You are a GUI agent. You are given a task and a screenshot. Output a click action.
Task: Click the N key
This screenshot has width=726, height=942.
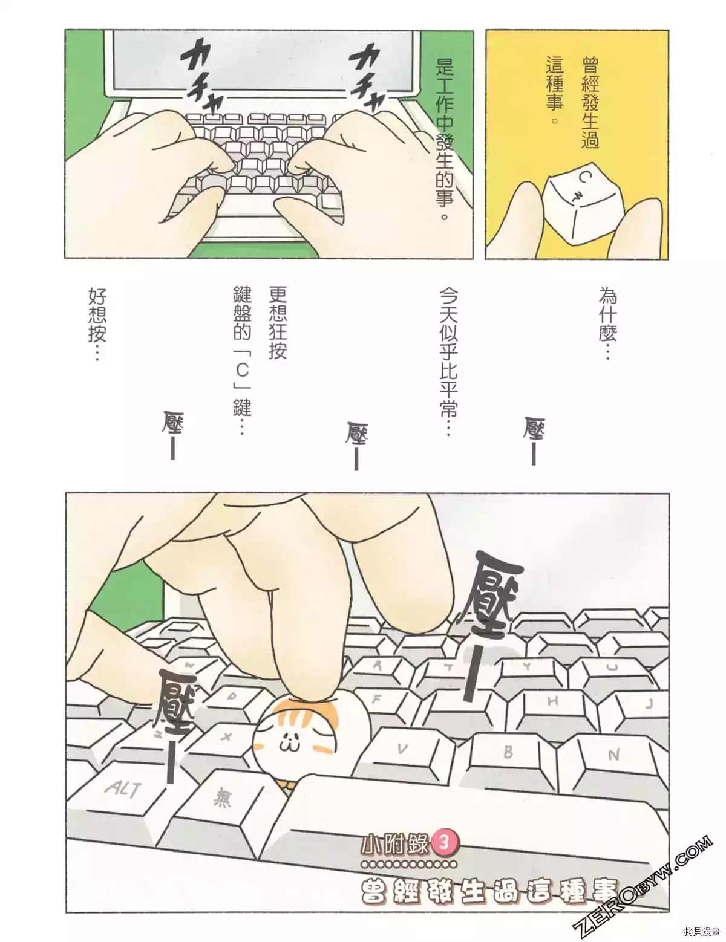point(612,755)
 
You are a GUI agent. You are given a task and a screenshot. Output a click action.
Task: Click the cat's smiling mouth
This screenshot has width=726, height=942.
point(286,745)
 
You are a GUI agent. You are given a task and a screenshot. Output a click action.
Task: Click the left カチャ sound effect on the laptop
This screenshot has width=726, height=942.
point(200,74)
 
